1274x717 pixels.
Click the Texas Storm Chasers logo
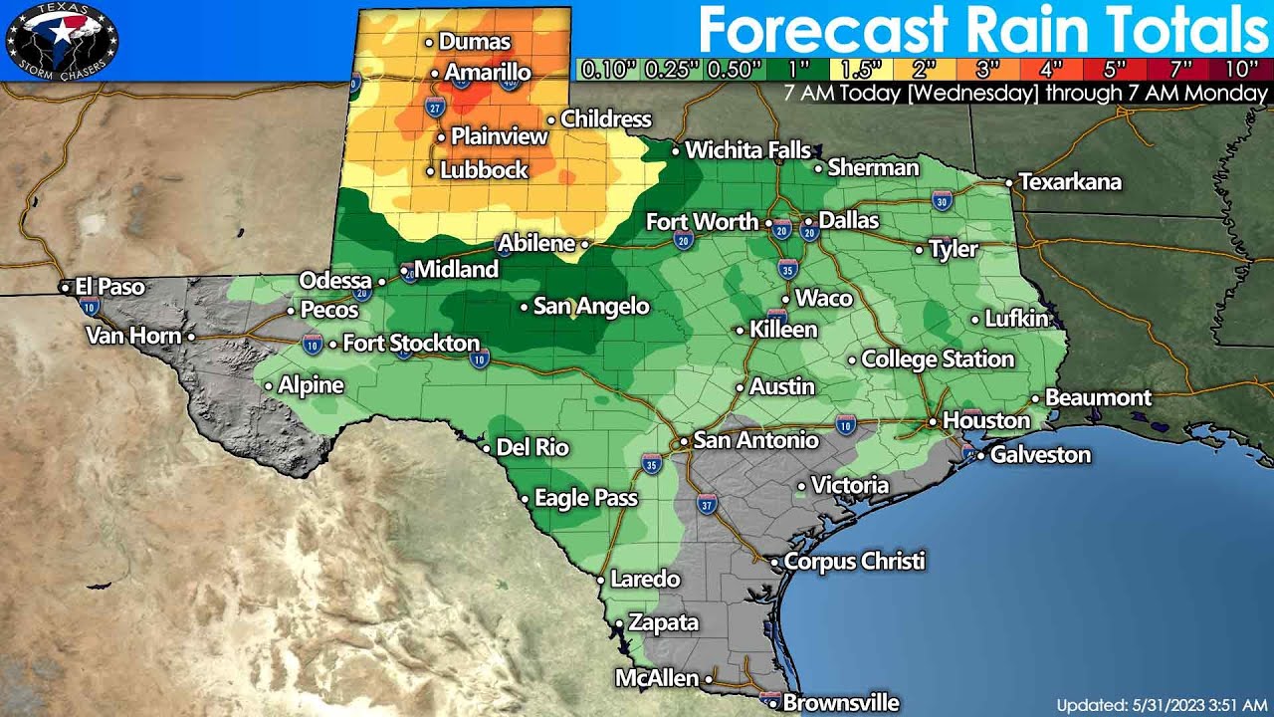tap(62, 40)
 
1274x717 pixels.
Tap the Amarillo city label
tap(488, 73)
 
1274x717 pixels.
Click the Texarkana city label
tap(1070, 182)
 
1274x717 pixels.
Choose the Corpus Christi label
tap(855, 561)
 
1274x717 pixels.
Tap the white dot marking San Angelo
tap(525, 308)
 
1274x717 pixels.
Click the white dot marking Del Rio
tap(487, 448)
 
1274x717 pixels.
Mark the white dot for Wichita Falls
tap(676, 151)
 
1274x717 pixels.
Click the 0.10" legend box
tap(607, 70)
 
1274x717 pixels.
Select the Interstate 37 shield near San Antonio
tap(707, 504)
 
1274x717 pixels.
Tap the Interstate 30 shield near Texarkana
tap(943, 201)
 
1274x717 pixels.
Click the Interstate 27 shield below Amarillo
tap(435, 107)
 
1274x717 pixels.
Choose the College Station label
tap(938, 358)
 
